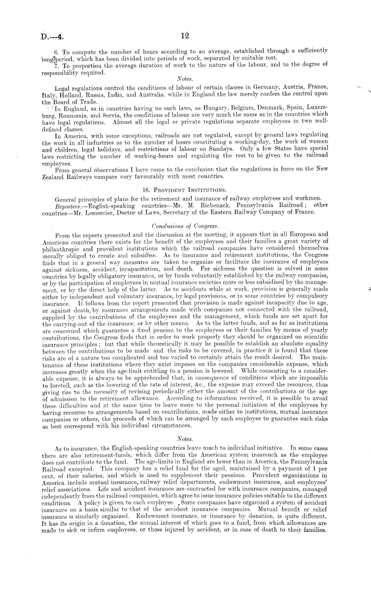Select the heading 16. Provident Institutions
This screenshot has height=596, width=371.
185,190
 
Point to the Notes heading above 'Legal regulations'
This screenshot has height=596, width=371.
185,79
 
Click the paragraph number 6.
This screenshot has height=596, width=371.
56,52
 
